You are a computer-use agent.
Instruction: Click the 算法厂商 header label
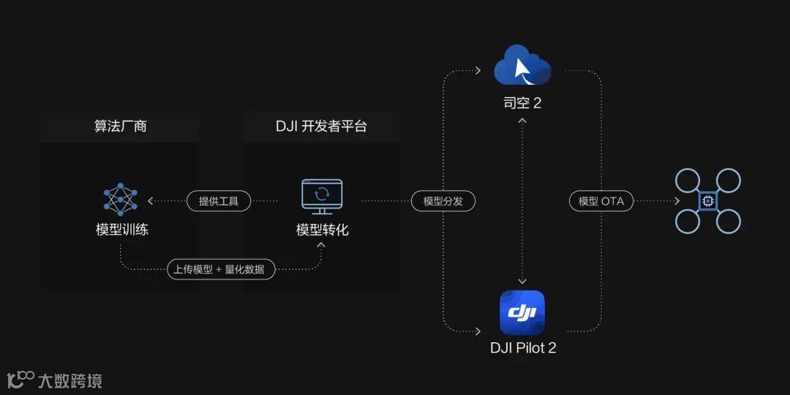(120, 126)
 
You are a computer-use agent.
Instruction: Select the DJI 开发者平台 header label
(321, 126)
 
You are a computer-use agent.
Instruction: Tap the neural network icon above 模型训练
(121, 199)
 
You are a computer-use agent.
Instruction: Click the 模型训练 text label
(121, 230)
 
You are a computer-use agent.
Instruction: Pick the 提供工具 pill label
(219, 200)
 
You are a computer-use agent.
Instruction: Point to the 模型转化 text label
(322, 230)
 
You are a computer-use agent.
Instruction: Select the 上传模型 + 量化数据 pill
(221, 269)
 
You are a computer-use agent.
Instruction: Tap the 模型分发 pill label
(443, 200)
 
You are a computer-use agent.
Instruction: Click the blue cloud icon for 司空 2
(522, 66)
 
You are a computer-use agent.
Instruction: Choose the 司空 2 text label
(522, 103)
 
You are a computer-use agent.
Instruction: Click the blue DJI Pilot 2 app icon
(522, 313)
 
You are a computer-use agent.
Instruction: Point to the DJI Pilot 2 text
(523, 348)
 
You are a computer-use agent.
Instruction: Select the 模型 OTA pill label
(601, 200)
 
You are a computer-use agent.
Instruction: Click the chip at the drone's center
(707, 201)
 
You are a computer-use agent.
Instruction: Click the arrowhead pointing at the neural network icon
(151, 200)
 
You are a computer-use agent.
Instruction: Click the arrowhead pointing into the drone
(677, 200)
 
